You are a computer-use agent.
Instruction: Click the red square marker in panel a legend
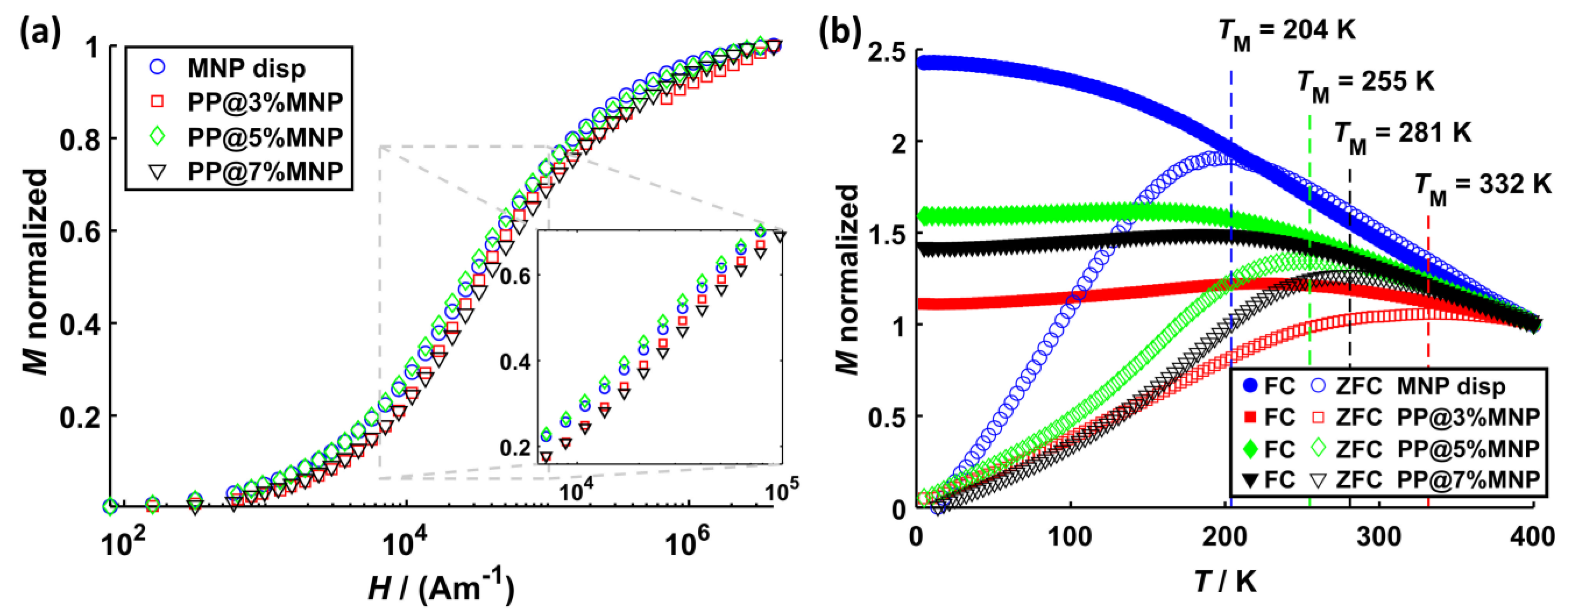coord(157,101)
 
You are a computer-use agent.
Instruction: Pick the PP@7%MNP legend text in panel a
coord(265,172)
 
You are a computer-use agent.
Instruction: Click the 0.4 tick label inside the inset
coord(515,362)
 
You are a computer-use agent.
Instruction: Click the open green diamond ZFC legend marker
coord(1318,449)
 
